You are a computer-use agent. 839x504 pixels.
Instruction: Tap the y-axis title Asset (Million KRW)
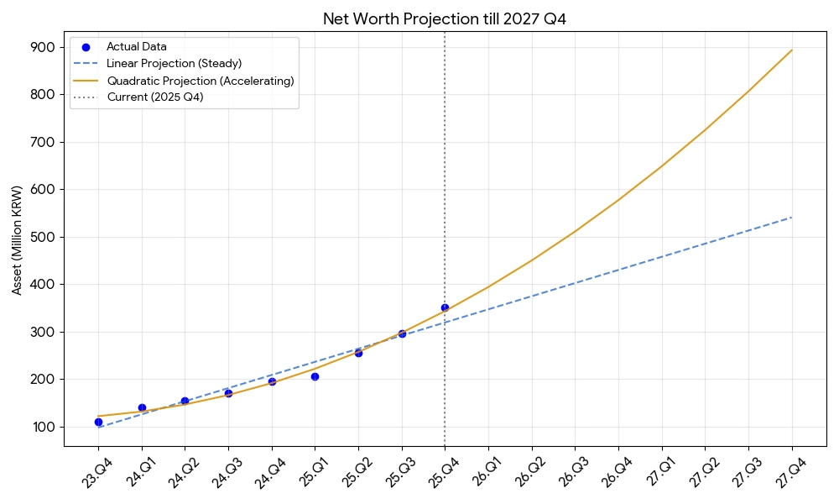tap(17, 240)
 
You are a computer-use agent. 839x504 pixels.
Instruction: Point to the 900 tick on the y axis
tap(43, 47)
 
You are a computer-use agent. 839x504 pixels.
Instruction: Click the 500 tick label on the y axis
tap(43, 237)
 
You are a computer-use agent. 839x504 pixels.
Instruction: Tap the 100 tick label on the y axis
tap(44, 427)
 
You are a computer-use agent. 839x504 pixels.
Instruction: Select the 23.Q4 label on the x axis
tap(96, 472)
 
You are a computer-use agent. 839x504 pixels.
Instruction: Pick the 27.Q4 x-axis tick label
tap(789, 472)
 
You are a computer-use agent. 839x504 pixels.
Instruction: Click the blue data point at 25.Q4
tap(445, 307)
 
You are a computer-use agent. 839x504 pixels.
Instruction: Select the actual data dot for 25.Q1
tap(315, 376)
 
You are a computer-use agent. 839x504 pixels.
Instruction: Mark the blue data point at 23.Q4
tap(98, 422)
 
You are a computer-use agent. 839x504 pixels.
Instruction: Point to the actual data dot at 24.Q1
tap(142, 407)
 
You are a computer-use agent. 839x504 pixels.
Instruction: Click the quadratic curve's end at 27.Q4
tap(792, 50)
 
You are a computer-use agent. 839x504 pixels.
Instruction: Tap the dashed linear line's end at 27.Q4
tap(792, 217)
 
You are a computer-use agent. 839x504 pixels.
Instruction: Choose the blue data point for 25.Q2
tap(358, 353)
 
